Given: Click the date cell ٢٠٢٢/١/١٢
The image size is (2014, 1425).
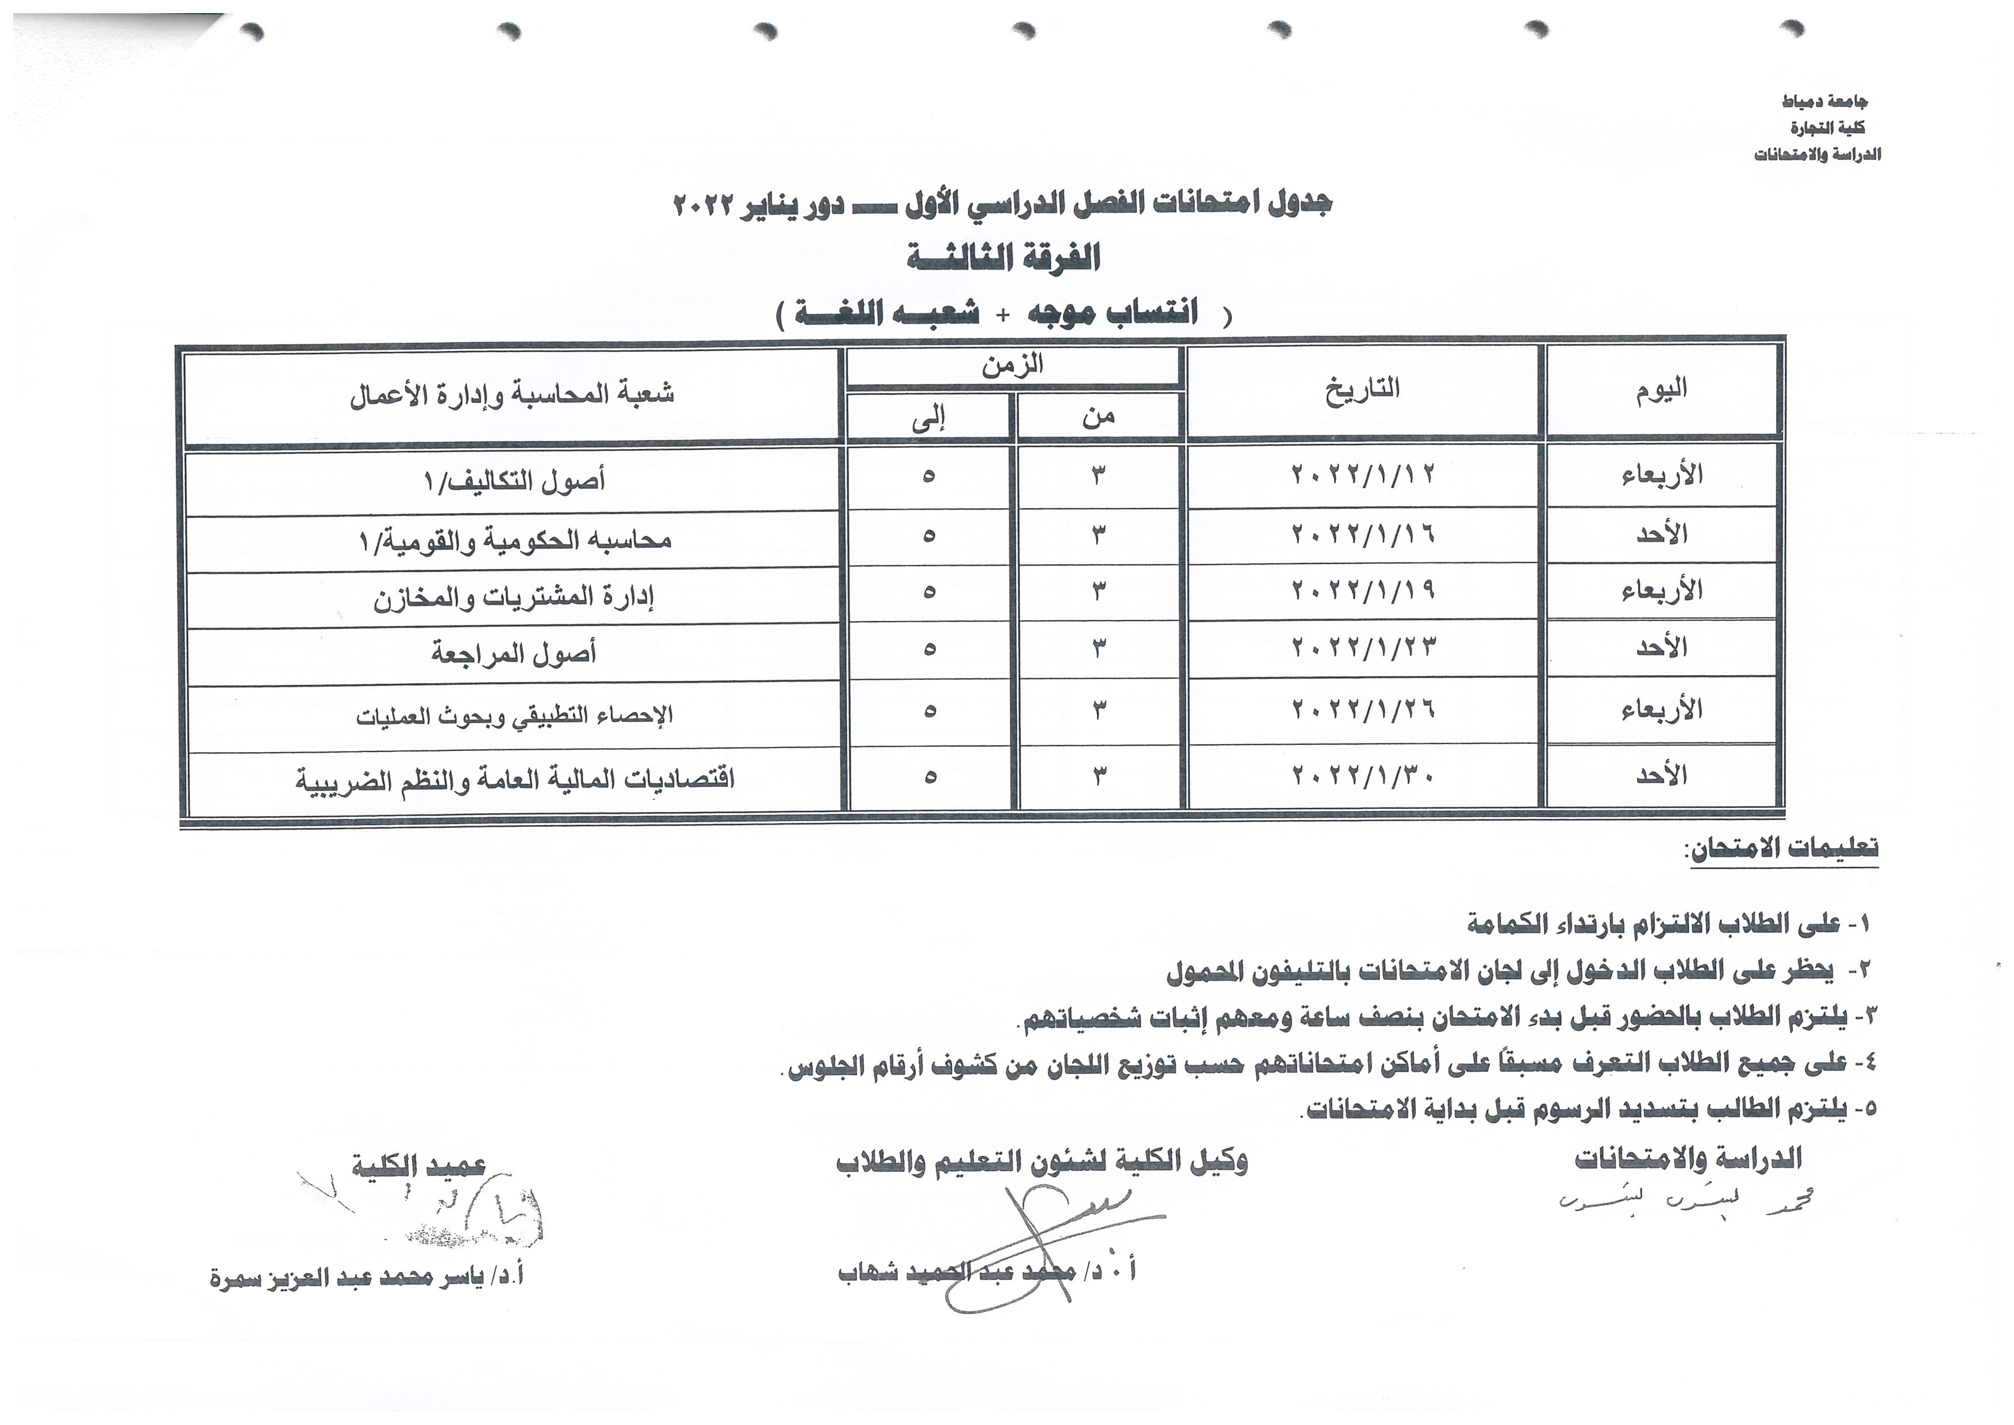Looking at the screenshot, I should (1362, 474).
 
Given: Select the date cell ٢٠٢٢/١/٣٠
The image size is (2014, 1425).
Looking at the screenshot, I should (1362, 776).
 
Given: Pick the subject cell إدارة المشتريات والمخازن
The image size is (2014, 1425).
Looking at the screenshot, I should (513, 597).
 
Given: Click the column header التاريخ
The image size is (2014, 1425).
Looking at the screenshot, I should (1362, 389).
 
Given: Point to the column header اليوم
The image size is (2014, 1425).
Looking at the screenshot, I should (1661, 389).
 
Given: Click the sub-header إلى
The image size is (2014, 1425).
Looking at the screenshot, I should (928, 419).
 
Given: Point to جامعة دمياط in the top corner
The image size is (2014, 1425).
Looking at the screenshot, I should (1824, 102).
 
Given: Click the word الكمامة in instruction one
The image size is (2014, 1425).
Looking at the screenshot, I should (1504, 923).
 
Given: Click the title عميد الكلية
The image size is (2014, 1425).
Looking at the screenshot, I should (418, 1165).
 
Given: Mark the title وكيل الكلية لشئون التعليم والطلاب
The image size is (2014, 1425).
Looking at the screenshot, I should (1041, 1162).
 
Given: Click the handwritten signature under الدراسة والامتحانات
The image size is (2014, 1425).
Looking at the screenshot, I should (1684, 1201).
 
